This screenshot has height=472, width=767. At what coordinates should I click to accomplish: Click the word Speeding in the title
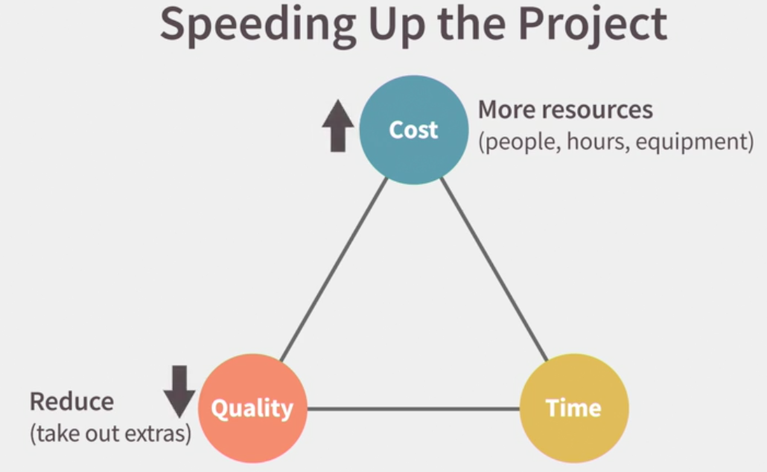(x=258, y=26)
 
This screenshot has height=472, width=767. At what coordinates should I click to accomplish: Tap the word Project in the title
(x=592, y=26)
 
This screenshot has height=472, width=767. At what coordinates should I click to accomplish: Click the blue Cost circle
(x=414, y=130)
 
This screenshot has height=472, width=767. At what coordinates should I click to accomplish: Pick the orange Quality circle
(x=252, y=408)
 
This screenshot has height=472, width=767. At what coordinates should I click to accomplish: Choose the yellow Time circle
(x=574, y=408)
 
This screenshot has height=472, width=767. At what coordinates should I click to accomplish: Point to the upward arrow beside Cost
(x=337, y=126)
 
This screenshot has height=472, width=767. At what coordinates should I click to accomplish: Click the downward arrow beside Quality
(x=179, y=392)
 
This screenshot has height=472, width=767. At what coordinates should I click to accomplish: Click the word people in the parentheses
(x=521, y=142)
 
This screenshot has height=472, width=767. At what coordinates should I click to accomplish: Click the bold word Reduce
(x=72, y=401)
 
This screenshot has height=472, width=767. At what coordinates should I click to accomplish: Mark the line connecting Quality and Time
(x=413, y=409)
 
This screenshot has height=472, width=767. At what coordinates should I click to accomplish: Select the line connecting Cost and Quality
(x=334, y=270)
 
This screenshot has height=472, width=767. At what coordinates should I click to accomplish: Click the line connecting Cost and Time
(x=494, y=270)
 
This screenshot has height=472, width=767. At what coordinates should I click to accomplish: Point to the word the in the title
(x=471, y=25)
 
